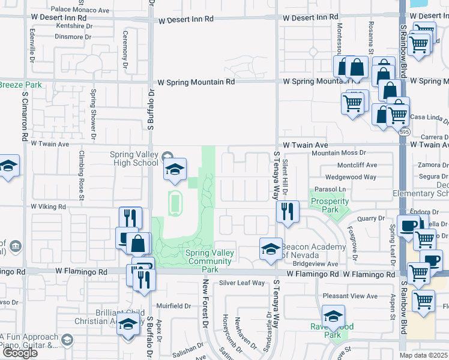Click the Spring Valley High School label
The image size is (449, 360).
[x=134, y=158]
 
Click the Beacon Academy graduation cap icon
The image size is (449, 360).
[x=271, y=249]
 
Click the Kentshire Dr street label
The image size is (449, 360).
[x=75, y=26]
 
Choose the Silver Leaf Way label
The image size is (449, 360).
[x=241, y=283]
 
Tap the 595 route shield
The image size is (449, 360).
[x=406, y=131]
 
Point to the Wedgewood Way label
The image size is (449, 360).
[x=351, y=177]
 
